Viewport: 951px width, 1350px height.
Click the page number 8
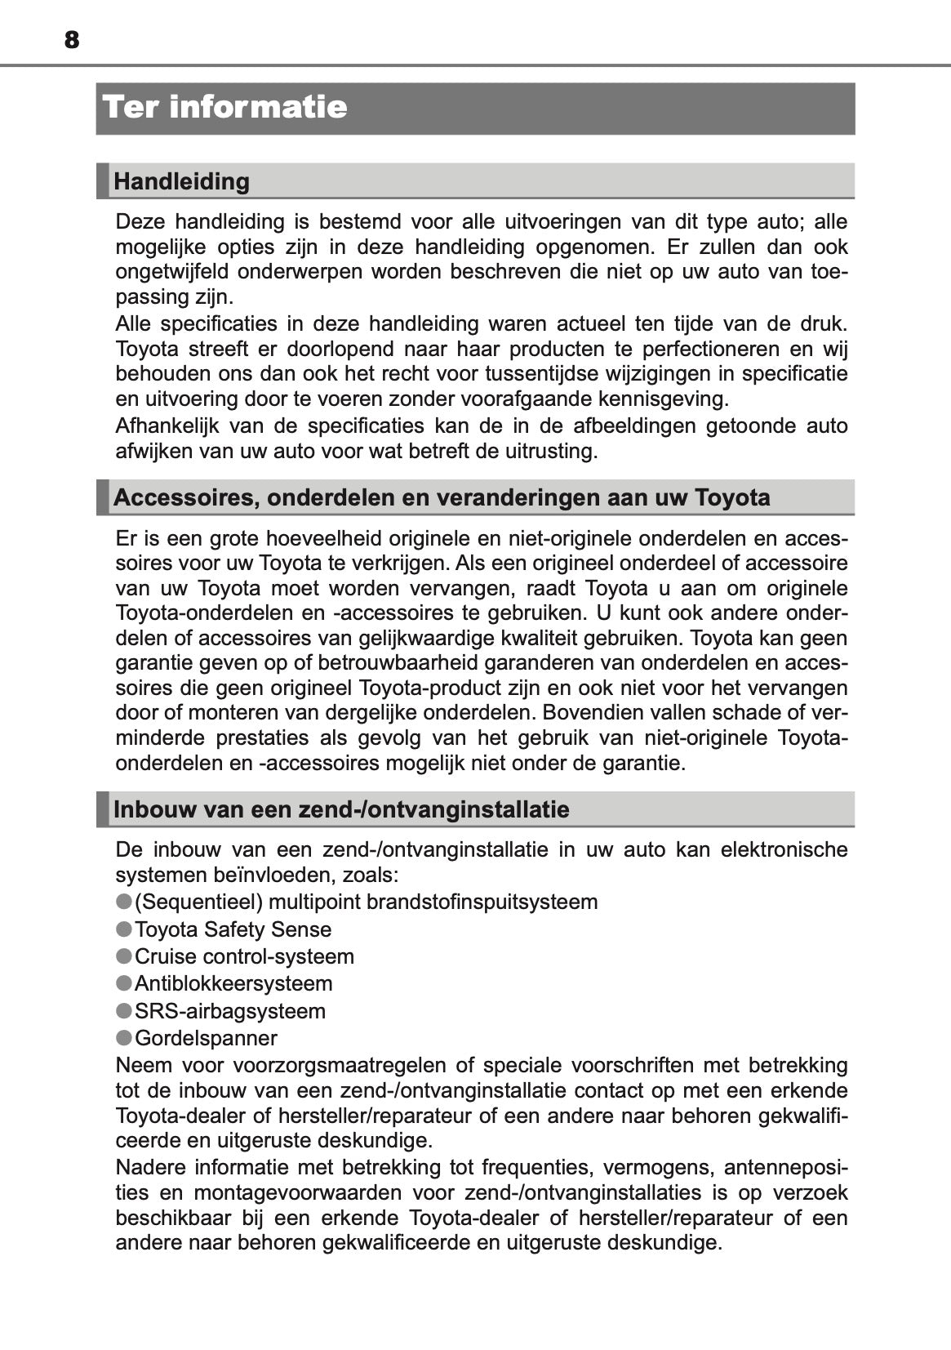click(x=72, y=39)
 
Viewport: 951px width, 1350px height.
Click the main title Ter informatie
click(x=225, y=107)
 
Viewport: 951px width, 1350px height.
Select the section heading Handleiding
click(x=181, y=181)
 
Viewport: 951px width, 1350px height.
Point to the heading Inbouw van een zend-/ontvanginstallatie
click(x=341, y=809)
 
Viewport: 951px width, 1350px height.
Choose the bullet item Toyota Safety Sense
click(x=233, y=929)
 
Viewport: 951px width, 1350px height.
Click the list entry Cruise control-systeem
click(x=244, y=956)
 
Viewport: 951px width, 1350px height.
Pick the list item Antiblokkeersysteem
click(x=233, y=983)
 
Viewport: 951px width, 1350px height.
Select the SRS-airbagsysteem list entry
click(x=230, y=1011)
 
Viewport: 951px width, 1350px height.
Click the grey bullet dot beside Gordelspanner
click(x=124, y=1038)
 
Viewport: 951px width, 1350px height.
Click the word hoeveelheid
click(x=324, y=538)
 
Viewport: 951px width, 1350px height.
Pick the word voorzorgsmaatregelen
click(x=340, y=1066)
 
